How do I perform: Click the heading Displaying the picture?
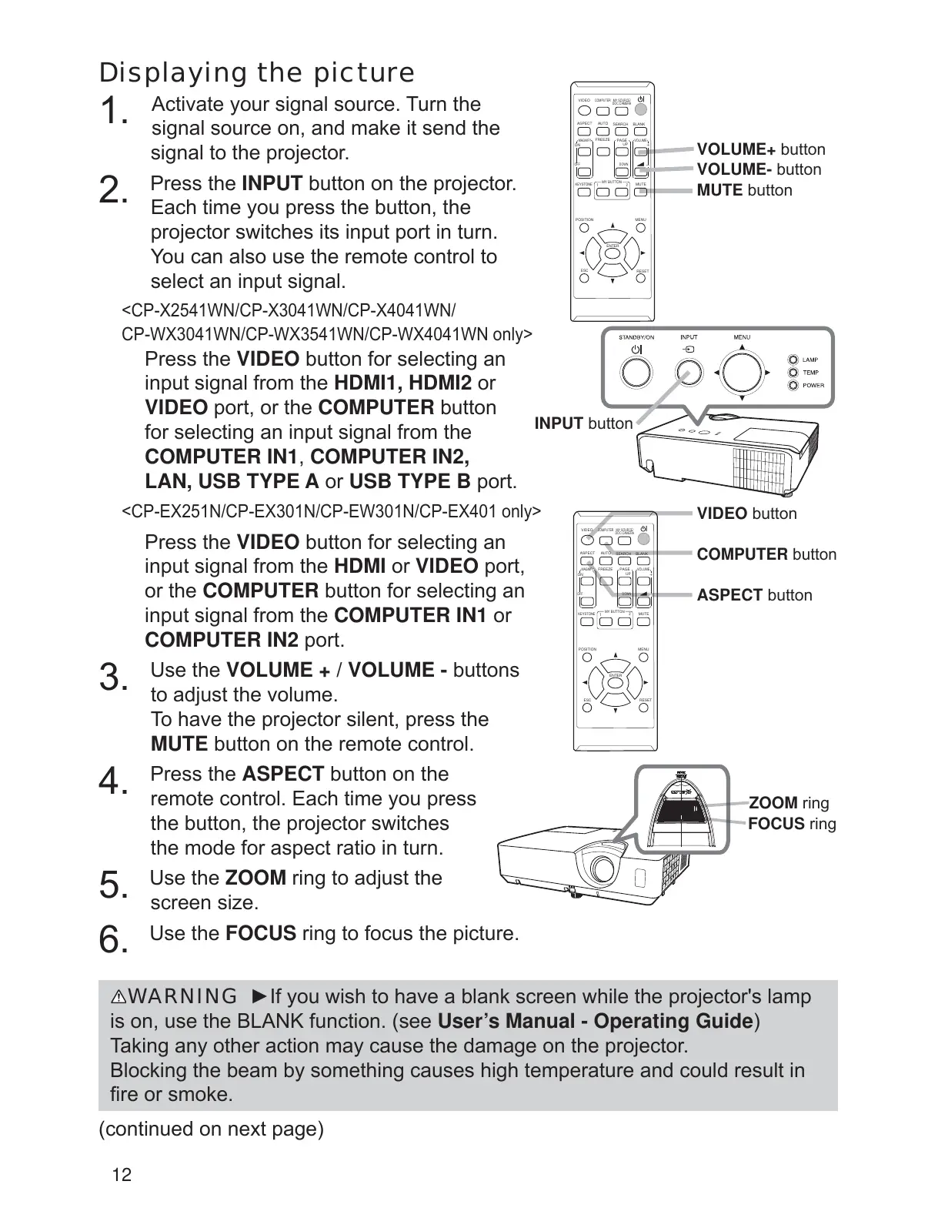tap(257, 73)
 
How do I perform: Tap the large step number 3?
tap(112, 679)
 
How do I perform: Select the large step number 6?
tap(112, 940)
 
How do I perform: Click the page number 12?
tap(122, 1175)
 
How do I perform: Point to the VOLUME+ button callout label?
tap(760, 149)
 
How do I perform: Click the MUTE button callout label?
tap(744, 190)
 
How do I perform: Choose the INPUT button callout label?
tap(583, 423)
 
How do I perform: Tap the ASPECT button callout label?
tap(754, 595)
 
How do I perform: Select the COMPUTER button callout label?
tap(766, 554)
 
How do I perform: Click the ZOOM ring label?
tap(788, 803)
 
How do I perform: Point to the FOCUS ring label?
tap(791, 824)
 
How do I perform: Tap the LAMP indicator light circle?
tap(793, 360)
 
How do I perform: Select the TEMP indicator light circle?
tap(793, 373)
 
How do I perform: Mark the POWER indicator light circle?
tap(793, 385)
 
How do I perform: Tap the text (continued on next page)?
tap(212, 1129)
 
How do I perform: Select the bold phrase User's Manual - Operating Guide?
tap(594, 1022)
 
